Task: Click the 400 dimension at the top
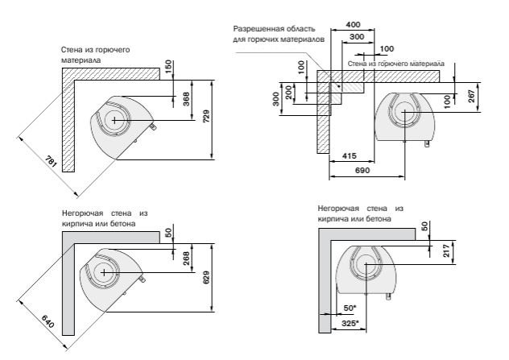pos(352,24)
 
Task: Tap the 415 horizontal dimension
pos(349,155)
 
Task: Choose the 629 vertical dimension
pos(207,279)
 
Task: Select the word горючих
pos(271,39)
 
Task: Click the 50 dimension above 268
pos(169,233)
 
